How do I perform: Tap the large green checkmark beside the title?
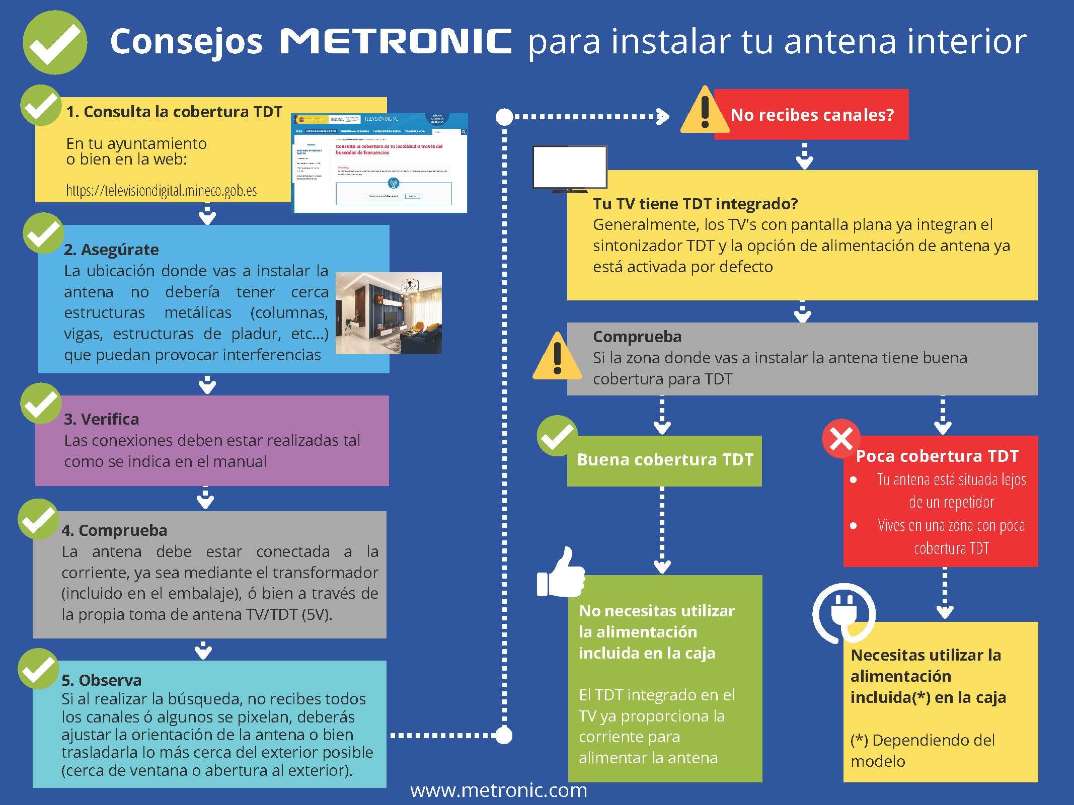pyautogui.click(x=55, y=43)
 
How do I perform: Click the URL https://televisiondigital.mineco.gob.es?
pyautogui.click(x=162, y=191)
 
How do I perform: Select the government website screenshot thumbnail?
pyautogui.click(x=380, y=163)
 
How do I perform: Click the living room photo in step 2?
pyautogui.click(x=389, y=313)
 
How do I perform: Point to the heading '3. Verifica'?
pyautogui.click(x=102, y=419)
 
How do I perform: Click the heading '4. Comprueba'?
pyautogui.click(x=115, y=530)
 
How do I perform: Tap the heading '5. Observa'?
pyautogui.click(x=102, y=680)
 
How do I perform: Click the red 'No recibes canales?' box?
pyautogui.click(x=811, y=115)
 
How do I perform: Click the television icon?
pyautogui.click(x=570, y=169)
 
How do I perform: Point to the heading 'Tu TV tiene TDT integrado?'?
pyautogui.click(x=695, y=204)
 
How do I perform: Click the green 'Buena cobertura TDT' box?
pyautogui.click(x=664, y=460)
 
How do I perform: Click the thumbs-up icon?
pyautogui.click(x=561, y=574)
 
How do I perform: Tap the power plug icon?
pyautogui.click(x=843, y=613)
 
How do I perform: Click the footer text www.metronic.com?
pyautogui.click(x=499, y=790)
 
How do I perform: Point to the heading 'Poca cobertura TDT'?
pyautogui.click(x=937, y=456)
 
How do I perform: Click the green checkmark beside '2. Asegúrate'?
pyautogui.click(x=43, y=233)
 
